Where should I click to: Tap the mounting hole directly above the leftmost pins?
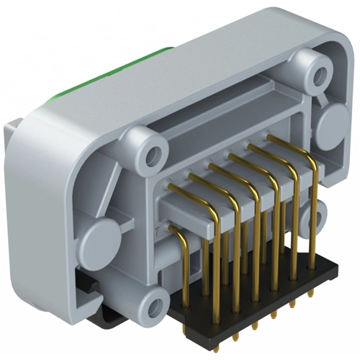[x=152, y=153]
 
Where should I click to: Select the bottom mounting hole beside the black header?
[x=153, y=308]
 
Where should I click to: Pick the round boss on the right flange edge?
[x=332, y=125]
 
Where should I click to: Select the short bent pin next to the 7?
[x=176, y=234]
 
